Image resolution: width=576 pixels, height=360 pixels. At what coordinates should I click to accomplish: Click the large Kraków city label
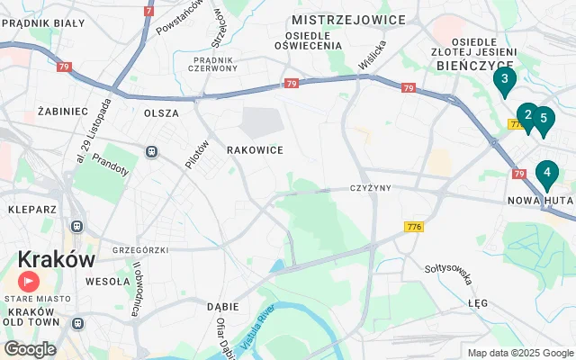[56, 259]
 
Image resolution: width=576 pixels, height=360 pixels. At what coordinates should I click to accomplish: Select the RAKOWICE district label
[255, 150]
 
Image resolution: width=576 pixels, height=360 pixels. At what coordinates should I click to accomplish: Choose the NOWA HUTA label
[535, 200]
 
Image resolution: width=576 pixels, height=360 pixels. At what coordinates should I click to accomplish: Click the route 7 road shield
[148, 11]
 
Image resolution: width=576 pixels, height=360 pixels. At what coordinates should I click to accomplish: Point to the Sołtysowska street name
[449, 273]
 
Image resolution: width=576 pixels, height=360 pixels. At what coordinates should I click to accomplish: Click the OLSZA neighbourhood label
[161, 113]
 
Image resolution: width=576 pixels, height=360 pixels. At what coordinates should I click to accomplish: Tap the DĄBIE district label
[222, 306]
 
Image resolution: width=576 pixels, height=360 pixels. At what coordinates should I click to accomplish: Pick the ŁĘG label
[478, 304]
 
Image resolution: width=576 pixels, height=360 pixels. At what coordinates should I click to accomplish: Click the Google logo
[30, 348]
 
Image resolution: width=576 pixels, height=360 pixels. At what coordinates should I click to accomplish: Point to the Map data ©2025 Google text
[520, 353]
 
